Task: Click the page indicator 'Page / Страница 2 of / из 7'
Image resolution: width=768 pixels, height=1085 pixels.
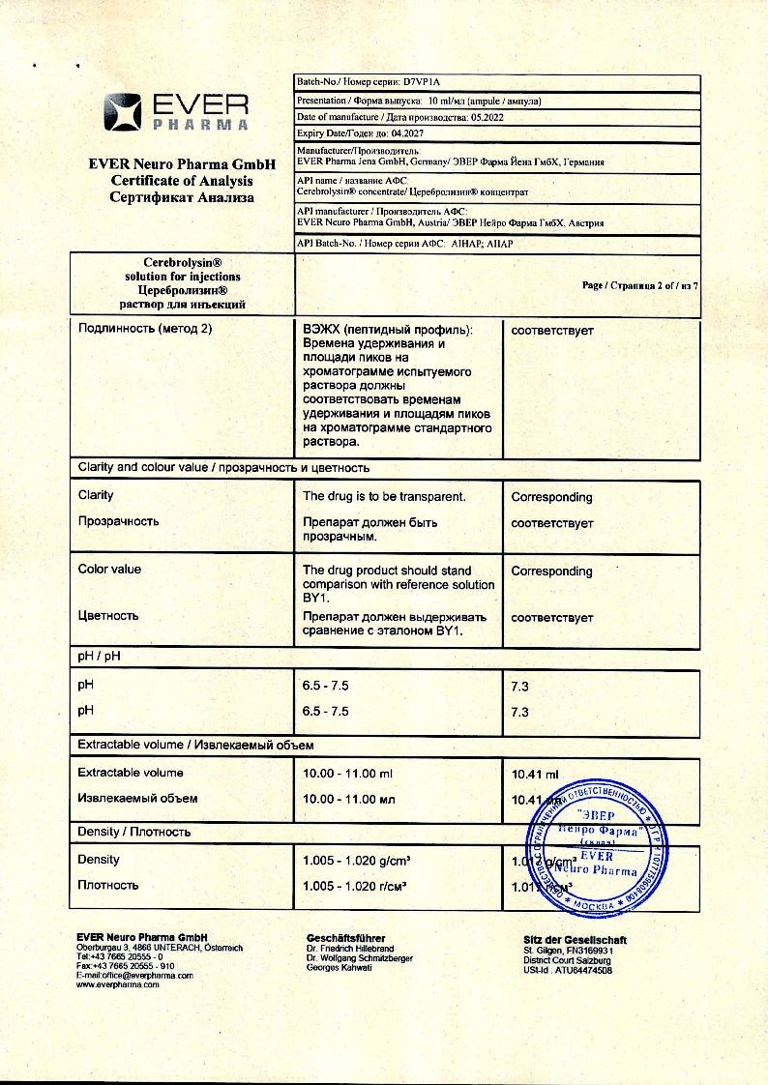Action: (639, 285)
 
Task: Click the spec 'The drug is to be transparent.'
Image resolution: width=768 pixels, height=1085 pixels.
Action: (384, 496)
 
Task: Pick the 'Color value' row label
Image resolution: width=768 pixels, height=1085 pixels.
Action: (109, 570)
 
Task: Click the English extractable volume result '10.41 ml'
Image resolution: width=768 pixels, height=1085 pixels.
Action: (535, 775)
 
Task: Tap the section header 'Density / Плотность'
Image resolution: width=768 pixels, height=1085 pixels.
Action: (133, 832)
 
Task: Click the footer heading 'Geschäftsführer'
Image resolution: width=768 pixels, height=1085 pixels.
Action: (345, 938)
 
